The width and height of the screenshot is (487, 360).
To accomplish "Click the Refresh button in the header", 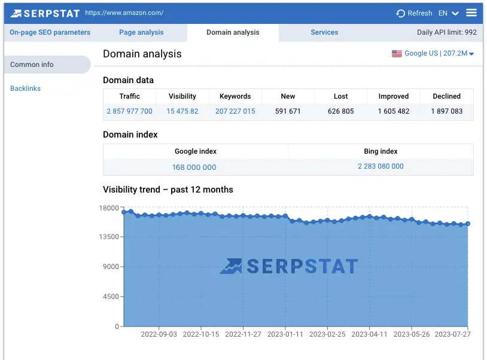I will tap(414, 13).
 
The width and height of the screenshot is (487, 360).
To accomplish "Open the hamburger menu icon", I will tap(471, 13).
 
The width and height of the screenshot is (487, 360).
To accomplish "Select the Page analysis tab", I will tap(141, 32).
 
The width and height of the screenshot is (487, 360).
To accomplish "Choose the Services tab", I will tap(324, 32).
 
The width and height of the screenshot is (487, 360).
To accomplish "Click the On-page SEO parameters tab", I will tap(50, 32).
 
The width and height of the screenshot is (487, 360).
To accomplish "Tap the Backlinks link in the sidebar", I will tap(26, 89).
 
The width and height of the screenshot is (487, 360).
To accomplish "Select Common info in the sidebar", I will tap(32, 65).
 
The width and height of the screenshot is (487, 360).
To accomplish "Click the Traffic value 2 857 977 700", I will tap(130, 111).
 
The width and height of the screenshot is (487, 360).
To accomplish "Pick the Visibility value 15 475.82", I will tap(182, 111).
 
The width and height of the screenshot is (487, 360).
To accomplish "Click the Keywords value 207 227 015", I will tap(235, 111).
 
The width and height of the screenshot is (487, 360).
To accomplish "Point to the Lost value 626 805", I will tap(341, 111).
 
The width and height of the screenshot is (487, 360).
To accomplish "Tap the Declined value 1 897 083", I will tap(447, 111).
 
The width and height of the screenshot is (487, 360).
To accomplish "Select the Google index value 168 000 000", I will tap(194, 167).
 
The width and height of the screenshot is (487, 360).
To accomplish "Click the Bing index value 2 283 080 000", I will tap(381, 166).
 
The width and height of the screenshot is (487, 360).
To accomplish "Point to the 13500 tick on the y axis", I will tap(109, 237).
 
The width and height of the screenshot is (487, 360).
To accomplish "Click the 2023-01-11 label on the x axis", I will tap(285, 335).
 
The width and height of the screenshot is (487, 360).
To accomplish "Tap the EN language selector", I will tap(448, 13).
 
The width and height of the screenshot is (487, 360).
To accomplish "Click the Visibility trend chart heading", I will tap(168, 190).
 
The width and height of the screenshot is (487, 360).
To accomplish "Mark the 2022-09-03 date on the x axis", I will tap(159, 335).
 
